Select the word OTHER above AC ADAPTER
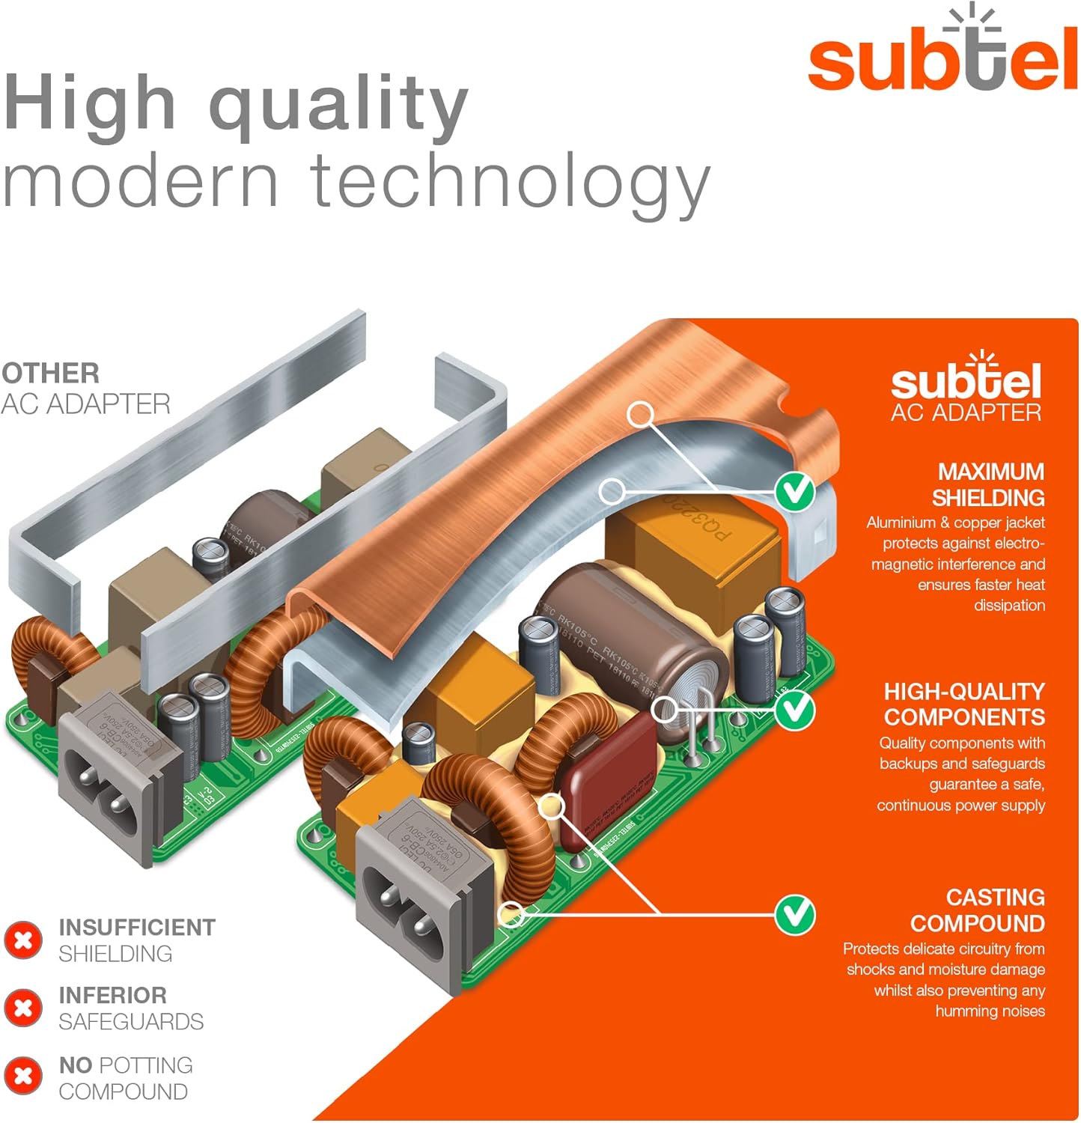pyautogui.click(x=50, y=373)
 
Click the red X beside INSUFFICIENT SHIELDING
pyautogui.click(x=23, y=940)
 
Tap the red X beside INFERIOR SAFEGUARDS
pyautogui.click(x=23, y=1008)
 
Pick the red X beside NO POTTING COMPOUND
pyautogui.click(x=23, y=1076)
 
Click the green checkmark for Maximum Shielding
pyautogui.click(x=794, y=492)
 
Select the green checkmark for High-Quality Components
pyautogui.click(x=794, y=709)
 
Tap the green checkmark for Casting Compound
pyautogui.click(x=794, y=914)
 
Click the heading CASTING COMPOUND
pyautogui.click(x=977, y=910)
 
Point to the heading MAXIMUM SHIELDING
pyautogui.click(x=988, y=484)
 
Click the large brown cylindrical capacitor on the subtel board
pyautogui.click(x=629, y=644)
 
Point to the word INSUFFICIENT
pyautogui.click(x=137, y=928)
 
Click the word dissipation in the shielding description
pyautogui.click(x=1009, y=605)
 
